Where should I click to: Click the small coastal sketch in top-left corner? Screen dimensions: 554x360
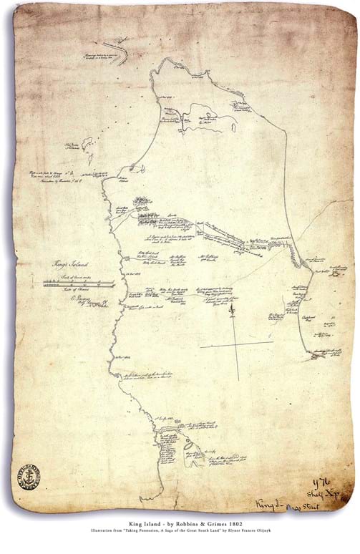click(115, 54)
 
